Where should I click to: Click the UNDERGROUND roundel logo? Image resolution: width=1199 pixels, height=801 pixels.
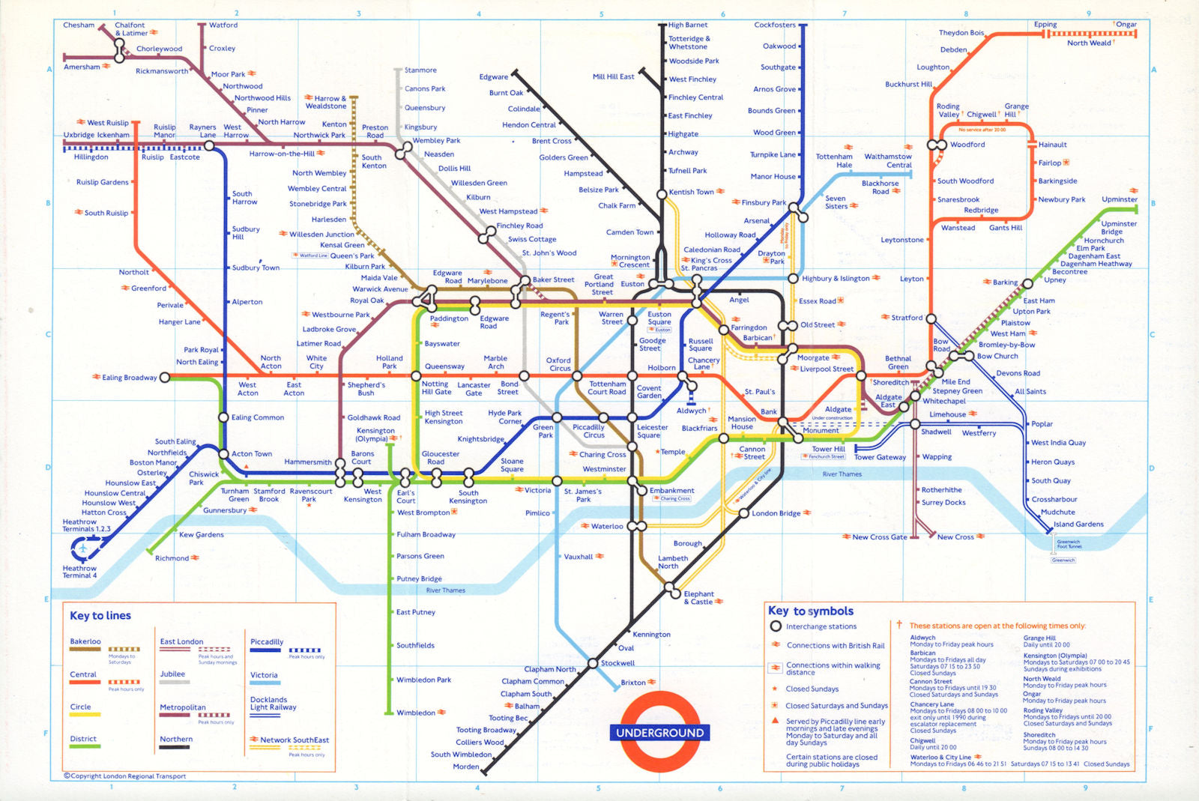pyautogui.click(x=659, y=732)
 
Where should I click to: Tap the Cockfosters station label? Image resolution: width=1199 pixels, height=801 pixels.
pyautogui.click(x=775, y=25)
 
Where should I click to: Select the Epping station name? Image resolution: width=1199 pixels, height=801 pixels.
pyautogui.click(x=1045, y=25)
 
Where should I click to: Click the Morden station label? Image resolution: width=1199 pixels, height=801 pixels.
pyautogui.click(x=465, y=767)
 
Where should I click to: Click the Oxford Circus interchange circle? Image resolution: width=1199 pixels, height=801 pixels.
pyautogui.click(x=576, y=376)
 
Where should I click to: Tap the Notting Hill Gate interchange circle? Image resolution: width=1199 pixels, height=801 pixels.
pyautogui.click(x=416, y=376)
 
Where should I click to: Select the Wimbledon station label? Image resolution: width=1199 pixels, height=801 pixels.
pyautogui.click(x=416, y=713)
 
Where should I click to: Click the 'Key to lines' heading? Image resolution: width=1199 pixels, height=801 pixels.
pyautogui.click(x=100, y=616)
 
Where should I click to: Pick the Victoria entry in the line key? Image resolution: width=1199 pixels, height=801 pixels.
pyautogui.click(x=264, y=675)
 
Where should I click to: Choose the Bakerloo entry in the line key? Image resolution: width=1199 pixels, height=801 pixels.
pyautogui.click(x=85, y=641)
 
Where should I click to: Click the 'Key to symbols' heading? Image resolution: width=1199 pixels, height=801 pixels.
pyautogui.click(x=812, y=611)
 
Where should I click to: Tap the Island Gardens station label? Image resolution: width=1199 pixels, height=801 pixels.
pyautogui.click(x=1078, y=525)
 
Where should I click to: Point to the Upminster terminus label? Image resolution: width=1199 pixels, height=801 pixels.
pyautogui.click(x=1120, y=199)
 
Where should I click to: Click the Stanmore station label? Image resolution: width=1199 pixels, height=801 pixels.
pyautogui.click(x=420, y=70)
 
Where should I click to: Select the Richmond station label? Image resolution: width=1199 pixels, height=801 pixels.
pyautogui.click(x=172, y=558)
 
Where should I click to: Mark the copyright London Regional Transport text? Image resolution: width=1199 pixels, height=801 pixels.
pyautogui.click(x=124, y=776)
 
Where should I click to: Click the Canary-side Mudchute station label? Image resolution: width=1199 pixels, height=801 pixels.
pyautogui.click(x=1057, y=513)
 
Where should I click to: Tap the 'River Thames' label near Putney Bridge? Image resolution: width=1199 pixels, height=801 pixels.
pyautogui.click(x=445, y=590)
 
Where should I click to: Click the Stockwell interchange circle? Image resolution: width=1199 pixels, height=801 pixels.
pyautogui.click(x=594, y=663)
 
